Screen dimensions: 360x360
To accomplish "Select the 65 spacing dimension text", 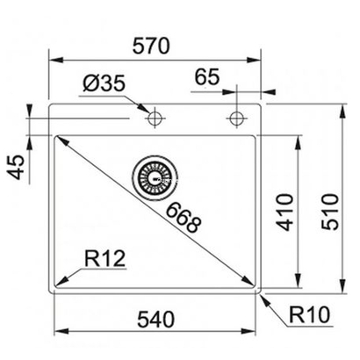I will (x=206, y=77).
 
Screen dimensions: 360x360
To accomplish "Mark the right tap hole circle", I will (x=236, y=118).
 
